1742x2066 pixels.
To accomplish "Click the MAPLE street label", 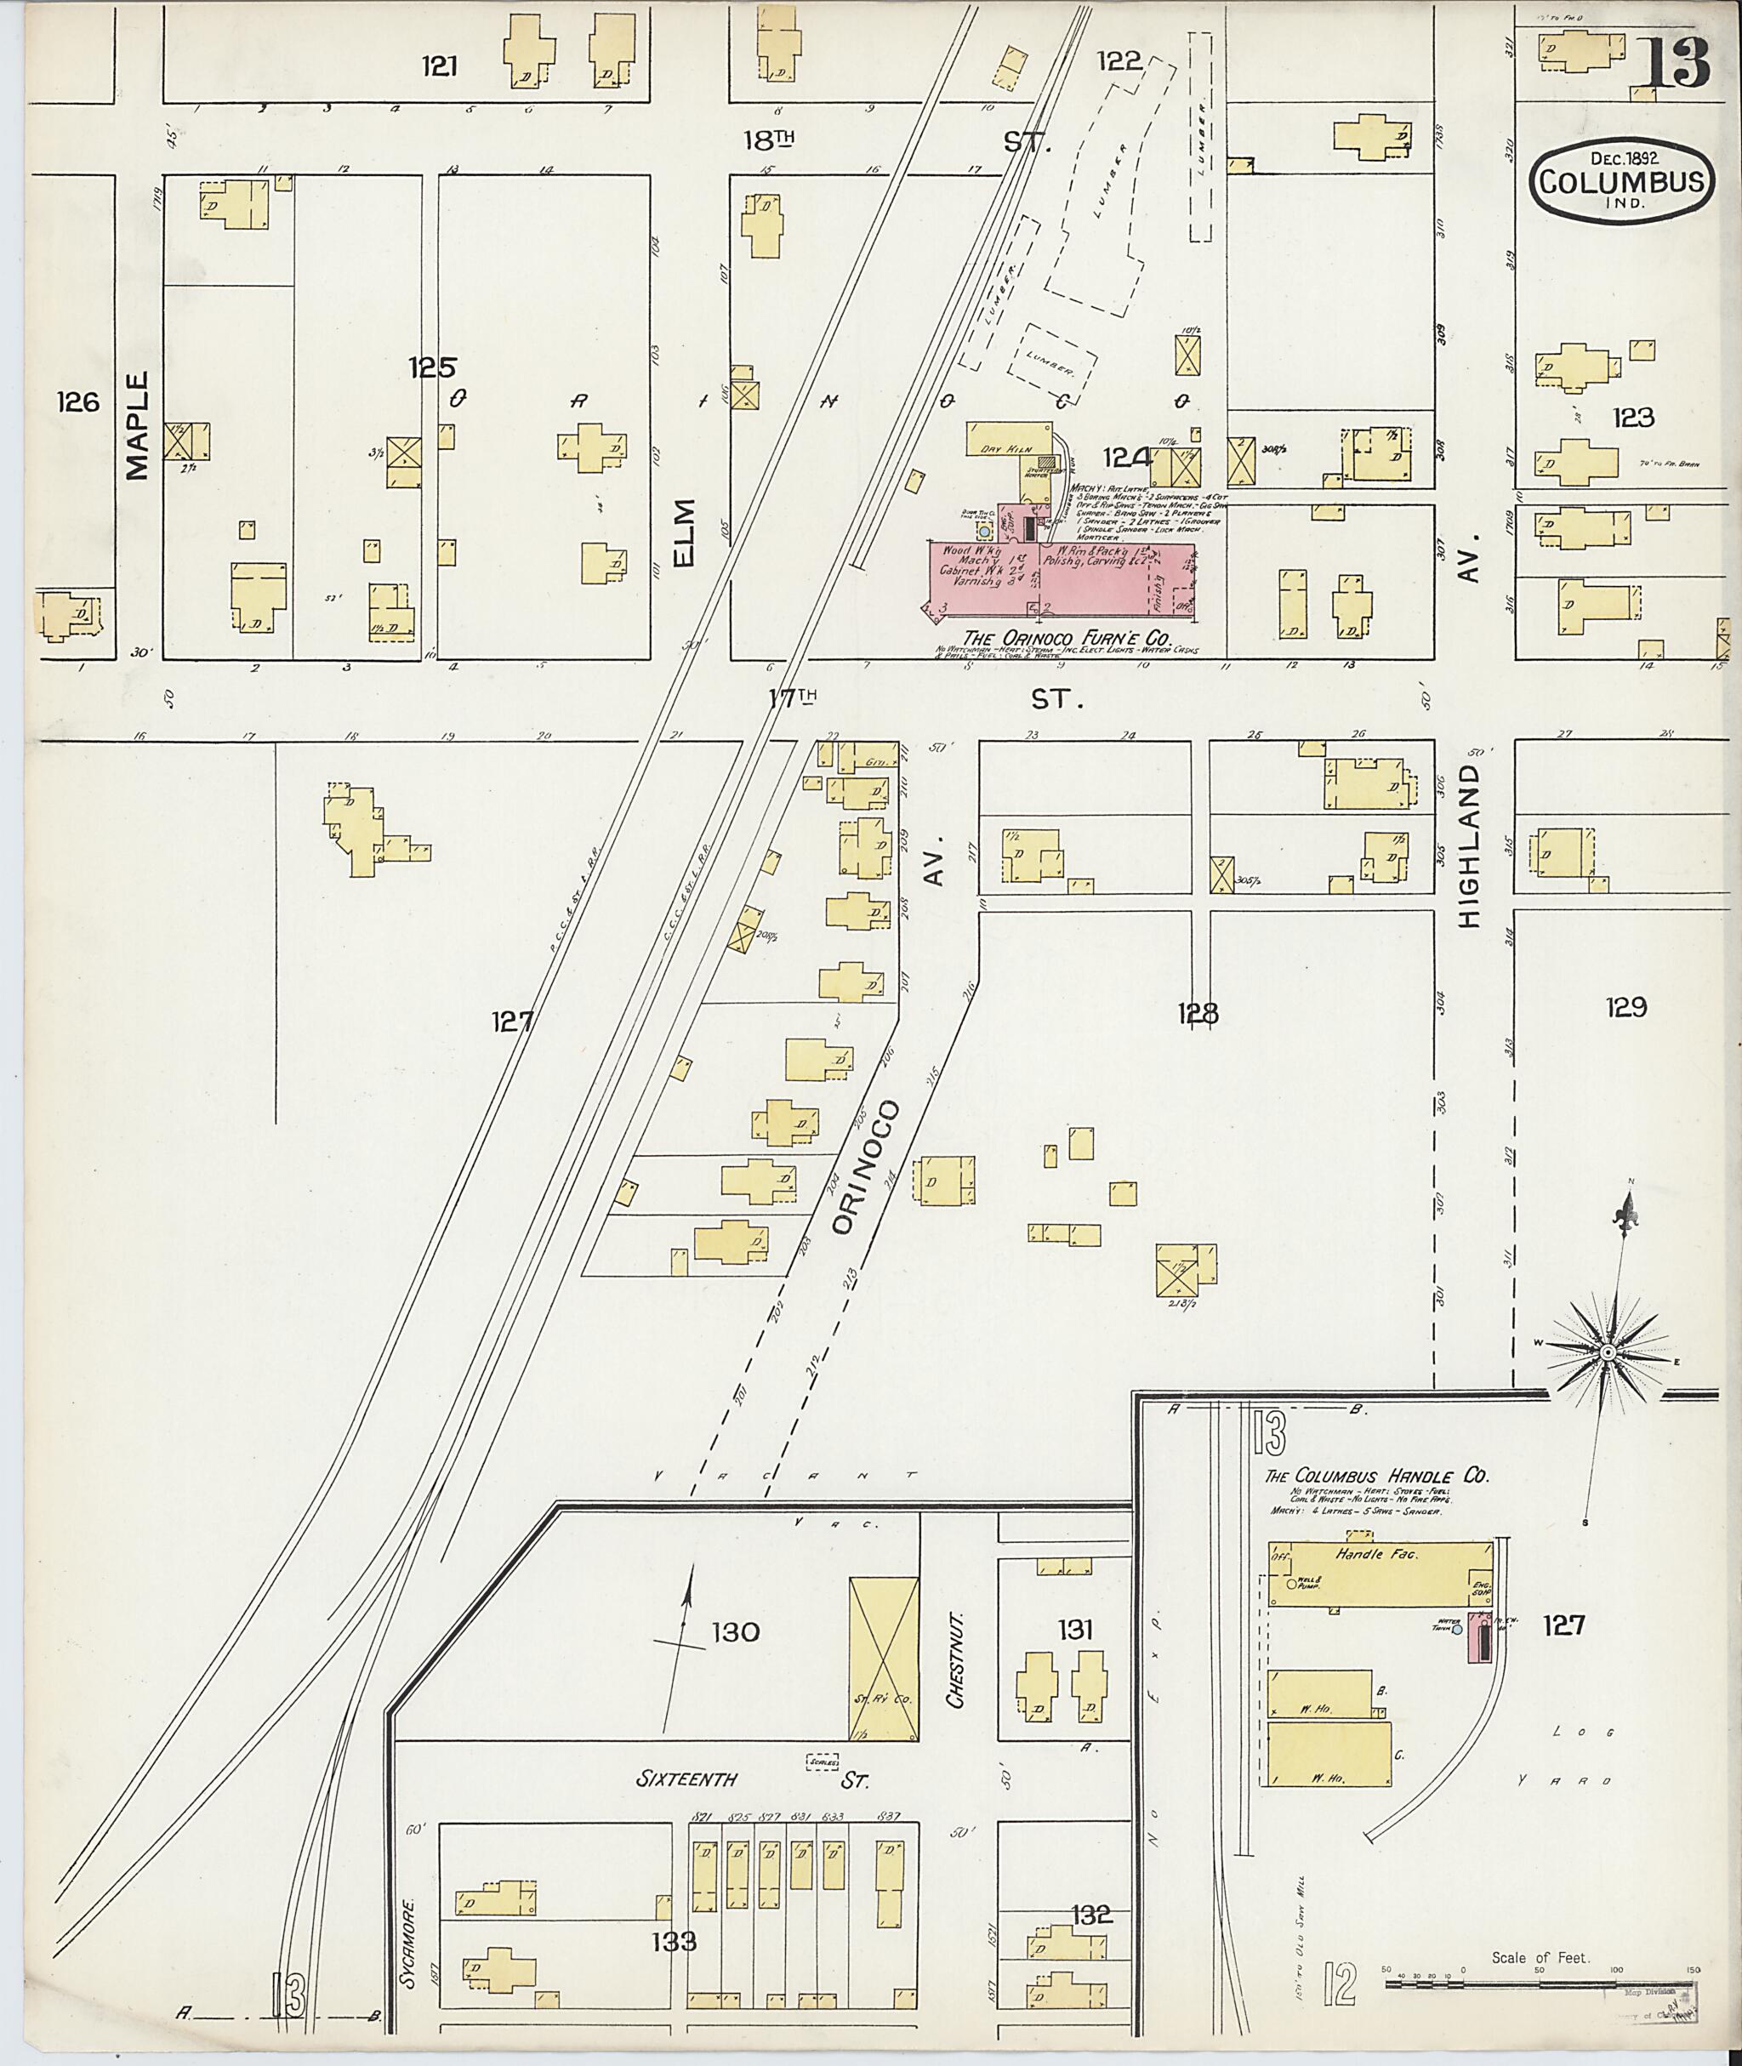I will coord(137,424).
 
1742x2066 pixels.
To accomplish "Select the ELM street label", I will coord(685,533).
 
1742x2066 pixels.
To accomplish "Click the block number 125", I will coord(433,368).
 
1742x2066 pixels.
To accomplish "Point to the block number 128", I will coord(1197,1012).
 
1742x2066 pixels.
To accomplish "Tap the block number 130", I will coord(736,1632).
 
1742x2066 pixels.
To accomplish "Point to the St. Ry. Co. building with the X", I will coord(883,1658).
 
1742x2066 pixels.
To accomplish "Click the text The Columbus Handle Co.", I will coord(1376,1477).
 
